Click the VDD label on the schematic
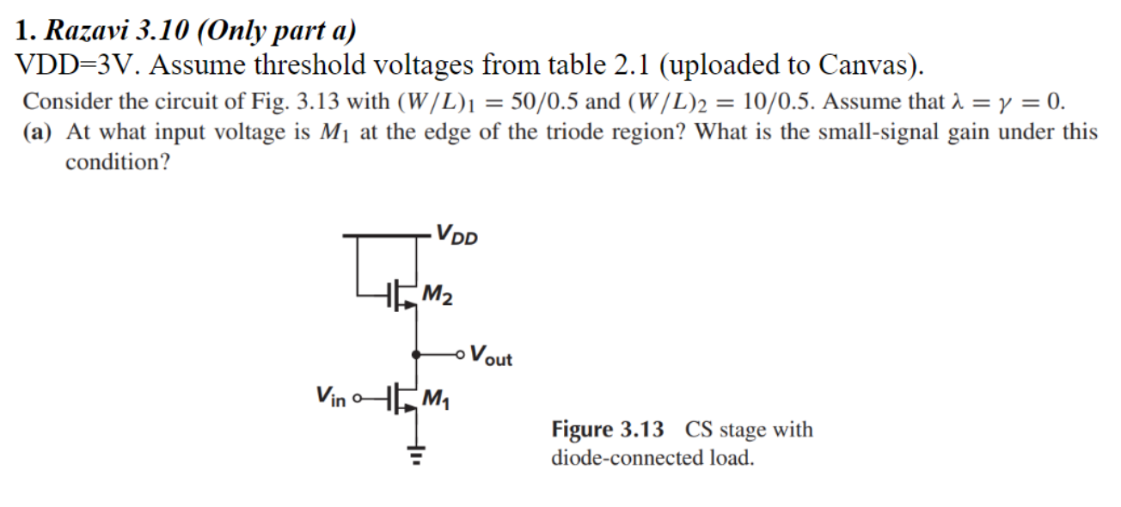click(x=456, y=234)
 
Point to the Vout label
click(x=492, y=355)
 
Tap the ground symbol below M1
click(x=417, y=456)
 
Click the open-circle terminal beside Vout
click(x=463, y=353)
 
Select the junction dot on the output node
click(x=417, y=353)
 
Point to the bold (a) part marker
click(x=40, y=132)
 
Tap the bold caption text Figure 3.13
click(x=607, y=429)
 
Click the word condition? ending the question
click(x=117, y=162)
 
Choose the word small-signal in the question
click(x=873, y=132)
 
